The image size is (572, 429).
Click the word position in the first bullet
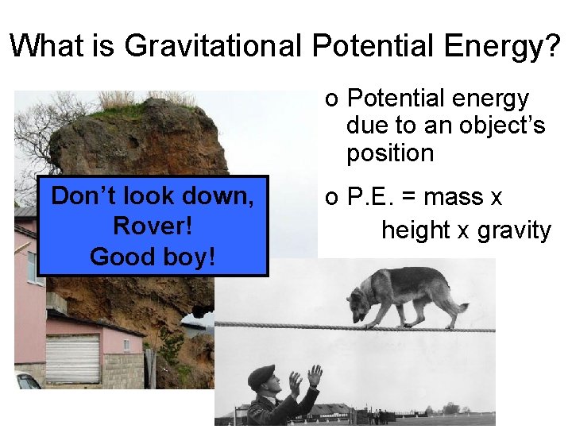[x=389, y=153]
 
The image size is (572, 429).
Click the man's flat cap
[x=261, y=374]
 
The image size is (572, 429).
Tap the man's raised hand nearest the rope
[x=315, y=376]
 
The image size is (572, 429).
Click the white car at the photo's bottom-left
[x=25, y=381]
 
